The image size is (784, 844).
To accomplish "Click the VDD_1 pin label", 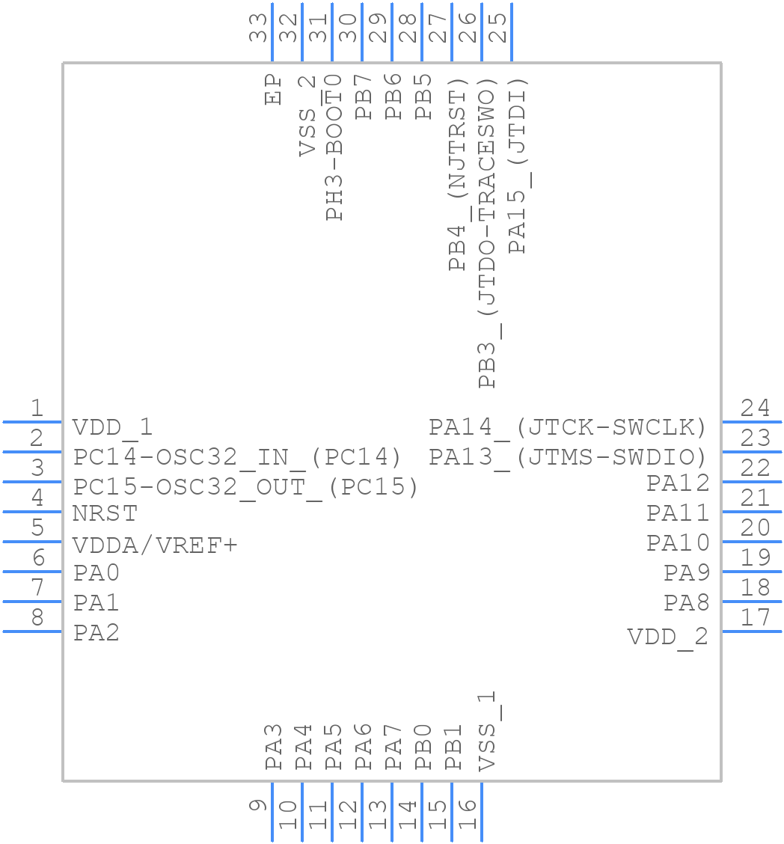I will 112,428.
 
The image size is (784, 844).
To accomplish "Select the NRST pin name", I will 105,514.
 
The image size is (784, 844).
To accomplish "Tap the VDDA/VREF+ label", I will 155,545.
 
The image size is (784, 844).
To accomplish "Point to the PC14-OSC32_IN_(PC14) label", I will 237,456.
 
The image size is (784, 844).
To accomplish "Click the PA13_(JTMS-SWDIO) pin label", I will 568,456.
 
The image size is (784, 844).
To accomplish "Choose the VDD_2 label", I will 667,637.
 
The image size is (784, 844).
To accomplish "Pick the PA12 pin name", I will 678,483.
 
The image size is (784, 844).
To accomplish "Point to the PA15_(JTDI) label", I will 517,165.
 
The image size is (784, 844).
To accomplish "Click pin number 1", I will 37,409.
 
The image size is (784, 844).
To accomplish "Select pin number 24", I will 755,409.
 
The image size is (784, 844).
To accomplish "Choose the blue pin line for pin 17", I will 752,632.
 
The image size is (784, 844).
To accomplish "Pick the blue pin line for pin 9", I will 272,812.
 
